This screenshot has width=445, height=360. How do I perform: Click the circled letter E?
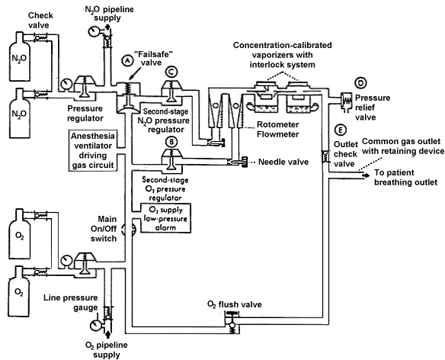pyautogui.click(x=339, y=130)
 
